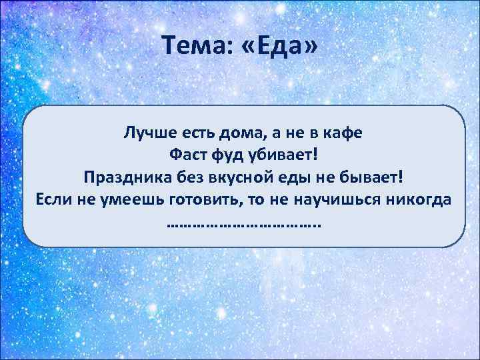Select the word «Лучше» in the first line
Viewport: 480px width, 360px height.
pos(146,133)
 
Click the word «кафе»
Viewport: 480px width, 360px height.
pos(341,133)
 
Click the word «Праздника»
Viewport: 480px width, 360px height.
pos(121,178)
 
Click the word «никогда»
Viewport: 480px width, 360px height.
pos(420,201)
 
